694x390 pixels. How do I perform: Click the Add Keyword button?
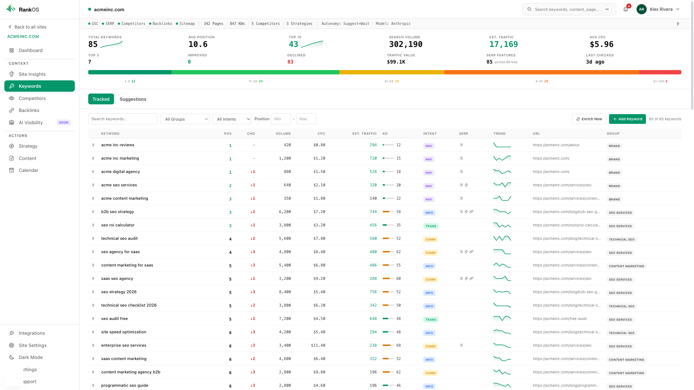coord(627,119)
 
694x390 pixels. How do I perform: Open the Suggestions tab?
coord(133,99)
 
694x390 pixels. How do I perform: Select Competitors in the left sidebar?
coord(32,99)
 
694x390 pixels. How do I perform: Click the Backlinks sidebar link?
coord(29,110)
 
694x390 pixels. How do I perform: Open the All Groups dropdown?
coord(185,119)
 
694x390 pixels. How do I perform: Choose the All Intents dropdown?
coord(232,119)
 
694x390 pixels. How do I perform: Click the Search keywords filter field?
coord(123,119)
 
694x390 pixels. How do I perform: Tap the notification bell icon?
coord(626,9)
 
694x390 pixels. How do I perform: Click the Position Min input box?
coord(281,119)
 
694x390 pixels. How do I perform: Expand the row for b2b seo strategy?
coord(93,212)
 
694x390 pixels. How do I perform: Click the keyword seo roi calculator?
coord(118,225)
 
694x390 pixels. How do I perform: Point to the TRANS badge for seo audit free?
coord(430,320)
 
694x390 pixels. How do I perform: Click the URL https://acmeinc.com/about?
coord(556,145)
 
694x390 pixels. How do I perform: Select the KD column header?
coord(385,134)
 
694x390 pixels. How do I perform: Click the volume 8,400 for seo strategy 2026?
coord(285,292)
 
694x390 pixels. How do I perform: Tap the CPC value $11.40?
coord(318,346)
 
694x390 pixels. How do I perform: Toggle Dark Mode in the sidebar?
coord(30,357)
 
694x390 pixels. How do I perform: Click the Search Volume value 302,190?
coord(406,44)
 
